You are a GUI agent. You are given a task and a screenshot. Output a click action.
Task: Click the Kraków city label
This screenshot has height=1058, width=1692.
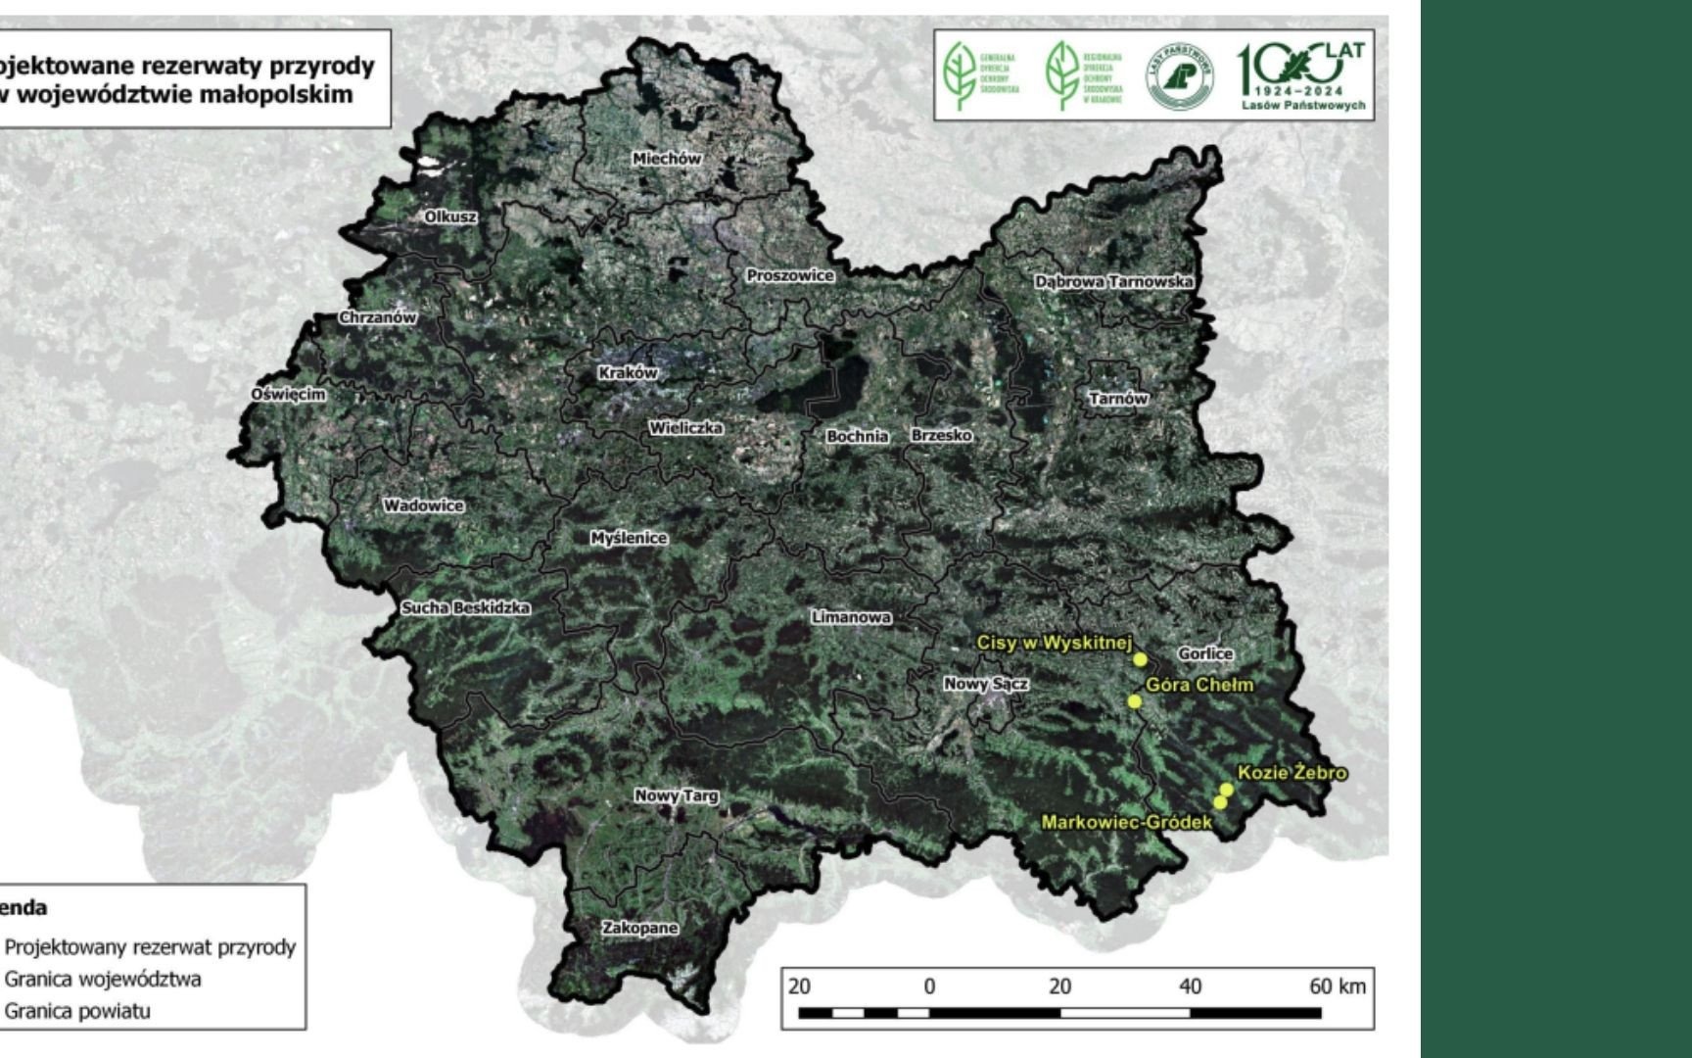tap(628, 373)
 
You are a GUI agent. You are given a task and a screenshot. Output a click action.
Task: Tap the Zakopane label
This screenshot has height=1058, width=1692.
tap(639, 928)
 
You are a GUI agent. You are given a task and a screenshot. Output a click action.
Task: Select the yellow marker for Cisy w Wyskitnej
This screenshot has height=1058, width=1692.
tap(1140, 659)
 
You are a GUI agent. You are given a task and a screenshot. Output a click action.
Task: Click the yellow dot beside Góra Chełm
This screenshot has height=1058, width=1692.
tap(1135, 701)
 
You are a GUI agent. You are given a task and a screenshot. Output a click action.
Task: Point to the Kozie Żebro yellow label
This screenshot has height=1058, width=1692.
tap(1292, 773)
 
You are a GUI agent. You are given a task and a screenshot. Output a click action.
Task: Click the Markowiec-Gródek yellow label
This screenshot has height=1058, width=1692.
tap(1126, 823)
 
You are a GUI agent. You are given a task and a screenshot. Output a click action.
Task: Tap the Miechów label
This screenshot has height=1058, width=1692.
tap(667, 159)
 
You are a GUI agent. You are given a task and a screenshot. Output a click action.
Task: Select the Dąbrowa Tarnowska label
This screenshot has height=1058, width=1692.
tap(1113, 282)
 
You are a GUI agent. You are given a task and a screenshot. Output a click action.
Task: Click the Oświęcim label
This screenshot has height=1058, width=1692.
tap(288, 394)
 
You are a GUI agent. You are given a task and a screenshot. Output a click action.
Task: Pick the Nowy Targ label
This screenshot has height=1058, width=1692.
tap(676, 796)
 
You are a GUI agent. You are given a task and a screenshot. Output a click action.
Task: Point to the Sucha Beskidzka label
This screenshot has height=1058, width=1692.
tap(466, 608)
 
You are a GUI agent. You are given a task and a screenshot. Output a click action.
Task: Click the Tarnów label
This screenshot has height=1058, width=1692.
tap(1118, 399)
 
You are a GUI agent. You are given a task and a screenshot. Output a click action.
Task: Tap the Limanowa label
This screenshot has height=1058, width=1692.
tap(850, 617)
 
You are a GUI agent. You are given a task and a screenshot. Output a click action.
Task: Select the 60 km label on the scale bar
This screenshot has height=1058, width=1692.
tap(1337, 986)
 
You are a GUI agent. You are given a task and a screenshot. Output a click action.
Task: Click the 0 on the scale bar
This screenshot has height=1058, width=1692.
tap(929, 986)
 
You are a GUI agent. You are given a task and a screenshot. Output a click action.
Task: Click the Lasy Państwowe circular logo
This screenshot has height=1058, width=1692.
tap(1180, 76)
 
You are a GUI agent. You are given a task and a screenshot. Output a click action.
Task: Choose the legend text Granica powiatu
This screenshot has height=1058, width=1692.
tap(78, 1011)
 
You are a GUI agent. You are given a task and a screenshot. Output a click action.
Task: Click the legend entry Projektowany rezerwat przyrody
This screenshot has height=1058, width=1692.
tap(150, 947)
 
